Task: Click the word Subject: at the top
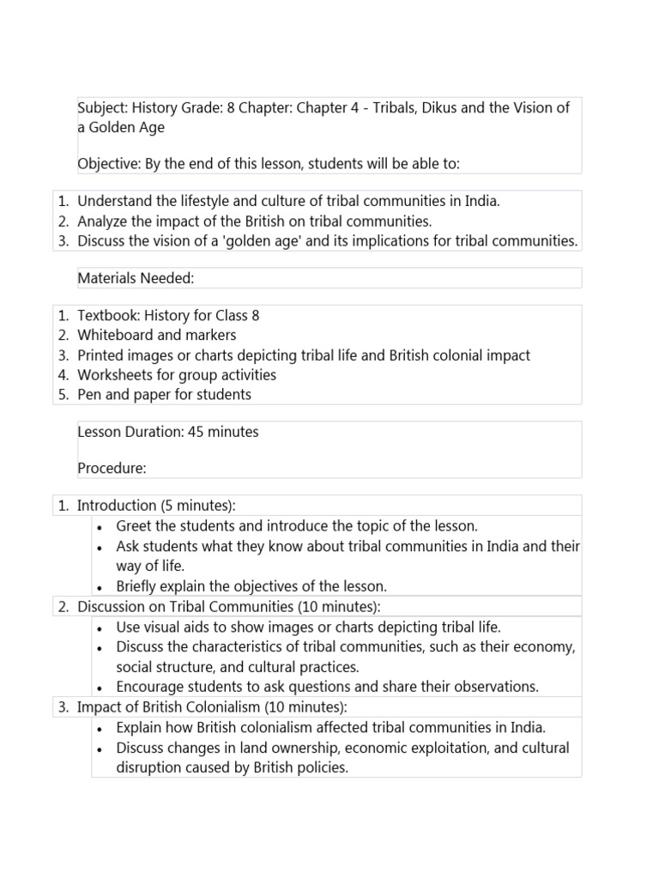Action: (x=103, y=109)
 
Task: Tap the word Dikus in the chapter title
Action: (x=440, y=109)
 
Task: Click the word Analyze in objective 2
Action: (x=101, y=221)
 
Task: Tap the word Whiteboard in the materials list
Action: (x=113, y=335)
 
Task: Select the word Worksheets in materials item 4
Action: (x=112, y=374)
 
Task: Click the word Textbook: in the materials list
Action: (x=106, y=315)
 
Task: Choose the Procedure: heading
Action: (x=112, y=469)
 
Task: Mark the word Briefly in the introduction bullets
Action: (x=138, y=586)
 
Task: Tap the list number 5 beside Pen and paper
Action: (x=63, y=394)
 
